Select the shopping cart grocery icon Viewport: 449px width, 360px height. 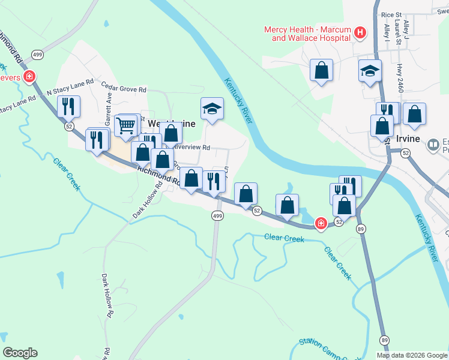pos(125,125)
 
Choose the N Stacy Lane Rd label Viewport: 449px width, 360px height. pos(70,87)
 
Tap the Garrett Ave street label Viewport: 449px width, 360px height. pos(109,108)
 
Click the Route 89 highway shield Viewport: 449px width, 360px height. pos(360,229)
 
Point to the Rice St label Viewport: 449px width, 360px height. pos(391,15)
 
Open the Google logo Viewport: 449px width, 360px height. pos(20,353)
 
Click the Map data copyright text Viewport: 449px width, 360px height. pos(412,355)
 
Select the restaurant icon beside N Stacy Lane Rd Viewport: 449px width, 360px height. pos(68,107)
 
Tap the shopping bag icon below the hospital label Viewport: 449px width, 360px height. pos(322,70)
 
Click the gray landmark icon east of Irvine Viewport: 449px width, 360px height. pos(433,145)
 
